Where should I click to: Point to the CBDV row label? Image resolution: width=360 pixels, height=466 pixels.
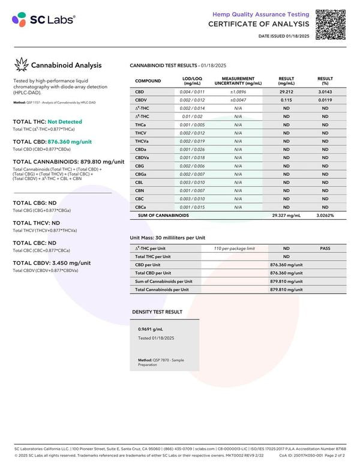(x=142, y=100)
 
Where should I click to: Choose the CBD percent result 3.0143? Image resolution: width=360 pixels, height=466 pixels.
(x=325, y=91)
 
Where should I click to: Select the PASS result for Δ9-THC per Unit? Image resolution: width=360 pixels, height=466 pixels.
(x=325, y=248)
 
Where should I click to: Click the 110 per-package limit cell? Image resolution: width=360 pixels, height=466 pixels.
(x=235, y=248)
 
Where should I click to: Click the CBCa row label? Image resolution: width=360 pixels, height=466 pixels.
(x=142, y=207)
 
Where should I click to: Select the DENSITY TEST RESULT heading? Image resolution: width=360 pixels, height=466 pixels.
(x=157, y=312)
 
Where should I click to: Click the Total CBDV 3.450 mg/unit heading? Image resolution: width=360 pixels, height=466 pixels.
(x=52, y=263)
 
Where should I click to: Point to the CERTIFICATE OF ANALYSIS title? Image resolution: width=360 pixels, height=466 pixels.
(x=259, y=24)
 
